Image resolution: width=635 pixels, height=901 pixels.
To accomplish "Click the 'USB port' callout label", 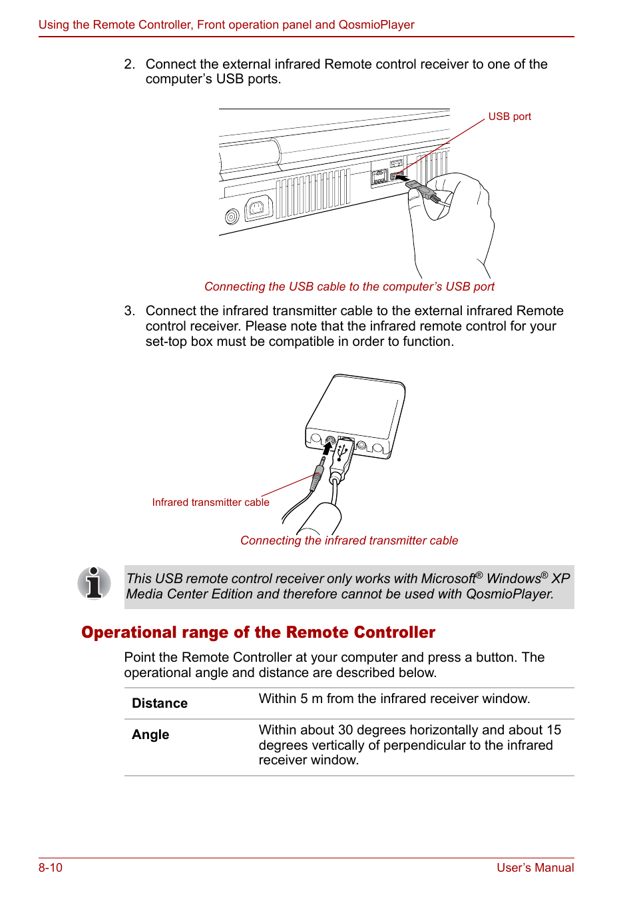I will [509, 117].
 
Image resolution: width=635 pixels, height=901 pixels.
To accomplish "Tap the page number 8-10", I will [51, 868].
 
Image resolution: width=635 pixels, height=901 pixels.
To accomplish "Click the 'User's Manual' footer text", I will [534, 868].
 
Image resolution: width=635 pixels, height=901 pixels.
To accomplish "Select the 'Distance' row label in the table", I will [160, 704].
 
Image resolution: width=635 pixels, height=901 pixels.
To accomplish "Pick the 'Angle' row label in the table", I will [150, 734].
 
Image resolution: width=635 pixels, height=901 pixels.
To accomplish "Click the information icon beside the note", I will [94, 583].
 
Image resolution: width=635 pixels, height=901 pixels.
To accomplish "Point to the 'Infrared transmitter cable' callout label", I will [210, 502].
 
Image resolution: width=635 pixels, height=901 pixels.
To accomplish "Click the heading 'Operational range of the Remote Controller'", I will [258, 632].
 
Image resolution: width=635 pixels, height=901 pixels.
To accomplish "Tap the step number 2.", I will [129, 65].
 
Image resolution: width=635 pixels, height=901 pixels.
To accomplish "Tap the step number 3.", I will [129, 311].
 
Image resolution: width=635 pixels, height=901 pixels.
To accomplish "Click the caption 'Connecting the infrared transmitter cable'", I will [349, 540].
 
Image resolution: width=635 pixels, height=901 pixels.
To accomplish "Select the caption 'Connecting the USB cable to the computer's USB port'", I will [349, 287].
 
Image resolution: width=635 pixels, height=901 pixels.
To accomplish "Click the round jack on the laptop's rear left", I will [232, 217].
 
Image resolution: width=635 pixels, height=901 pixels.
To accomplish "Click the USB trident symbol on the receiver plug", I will [343, 452].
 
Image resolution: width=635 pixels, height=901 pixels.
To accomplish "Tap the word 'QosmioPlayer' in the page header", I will [376, 25].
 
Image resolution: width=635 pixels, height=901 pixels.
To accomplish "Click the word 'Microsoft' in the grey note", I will [448, 578].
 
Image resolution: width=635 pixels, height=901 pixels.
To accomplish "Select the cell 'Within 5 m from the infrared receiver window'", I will [394, 698].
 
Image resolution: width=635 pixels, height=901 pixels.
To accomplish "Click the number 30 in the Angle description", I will [345, 730].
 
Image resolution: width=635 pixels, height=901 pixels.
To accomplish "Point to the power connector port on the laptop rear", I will [258, 208].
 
